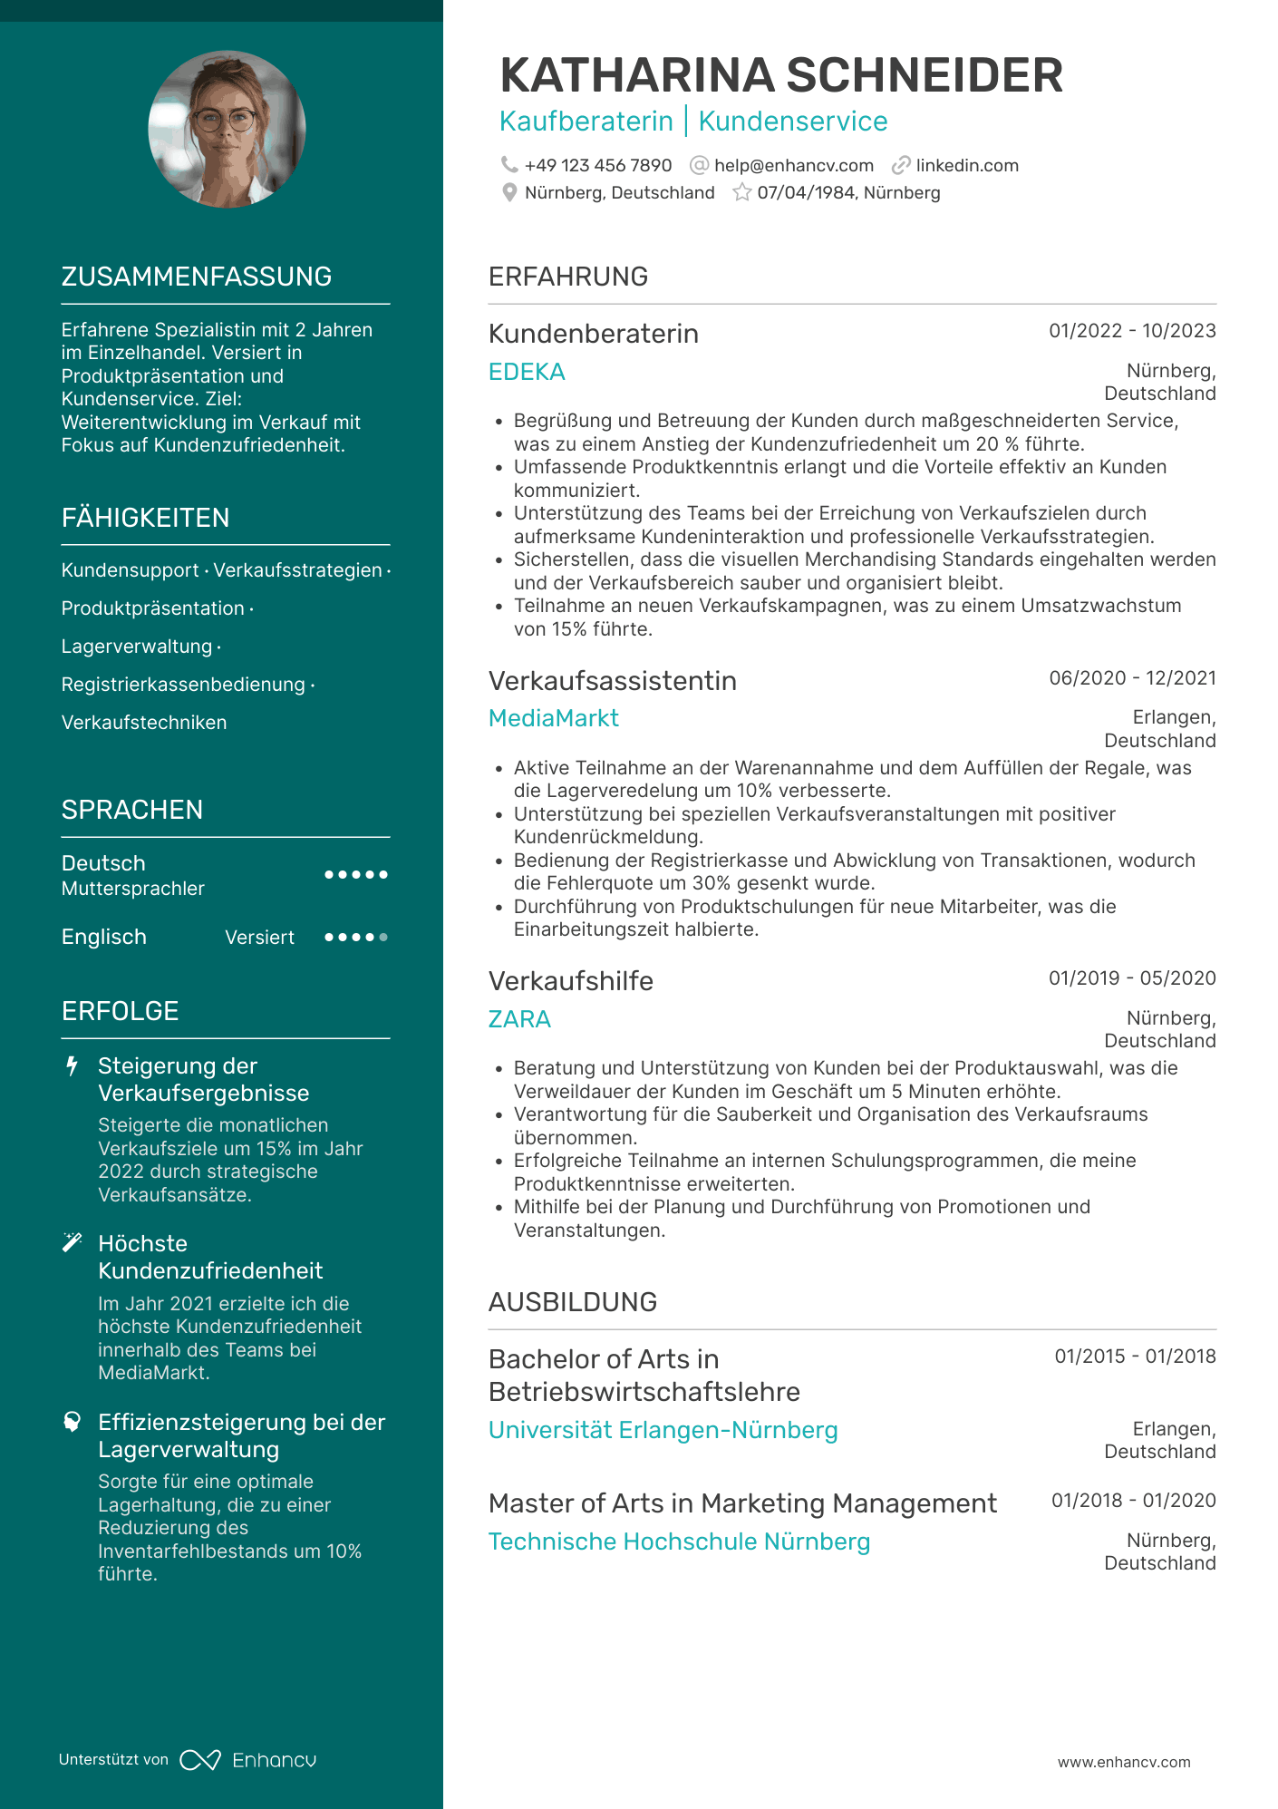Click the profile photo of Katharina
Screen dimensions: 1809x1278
(227, 129)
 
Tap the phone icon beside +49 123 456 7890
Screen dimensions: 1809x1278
(509, 165)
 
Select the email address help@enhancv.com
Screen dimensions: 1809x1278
(793, 166)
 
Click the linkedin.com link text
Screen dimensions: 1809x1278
(966, 166)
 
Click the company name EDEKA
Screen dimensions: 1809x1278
(527, 372)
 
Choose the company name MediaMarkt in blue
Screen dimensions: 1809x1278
(553, 718)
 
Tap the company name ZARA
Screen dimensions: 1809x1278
(519, 1019)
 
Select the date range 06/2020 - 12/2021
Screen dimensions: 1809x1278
(1132, 678)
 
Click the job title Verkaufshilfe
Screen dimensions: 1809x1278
(570, 981)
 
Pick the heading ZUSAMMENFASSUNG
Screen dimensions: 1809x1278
(197, 277)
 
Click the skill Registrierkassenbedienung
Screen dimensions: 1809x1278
(183, 685)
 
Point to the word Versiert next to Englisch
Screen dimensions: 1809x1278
(259, 938)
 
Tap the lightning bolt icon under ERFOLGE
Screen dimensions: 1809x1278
(73, 1066)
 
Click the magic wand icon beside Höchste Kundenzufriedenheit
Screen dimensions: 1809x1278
(73, 1243)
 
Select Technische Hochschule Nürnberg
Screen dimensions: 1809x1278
(679, 1542)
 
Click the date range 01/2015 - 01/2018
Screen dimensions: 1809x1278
(1135, 1357)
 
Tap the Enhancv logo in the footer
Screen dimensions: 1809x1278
(247, 1760)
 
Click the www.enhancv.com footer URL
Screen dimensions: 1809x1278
(1124, 1762)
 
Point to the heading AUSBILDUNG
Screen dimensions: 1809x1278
(573, 1302)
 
